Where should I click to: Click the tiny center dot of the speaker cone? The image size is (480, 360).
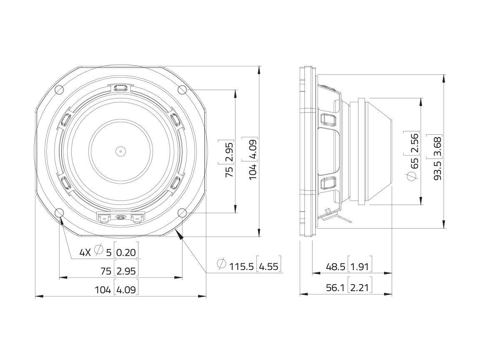pyautogui.click(x=120, y=151)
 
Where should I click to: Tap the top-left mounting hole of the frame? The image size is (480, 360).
pyautogui.click(x=59, y=90)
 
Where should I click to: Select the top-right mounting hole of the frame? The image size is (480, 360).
pyautogui.click(x=182, y=90)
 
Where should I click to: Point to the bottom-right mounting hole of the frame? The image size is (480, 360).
pyautogui.click(x=182, y=213)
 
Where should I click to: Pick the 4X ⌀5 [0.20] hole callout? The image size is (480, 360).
pyautogui.click(x=109, y=252)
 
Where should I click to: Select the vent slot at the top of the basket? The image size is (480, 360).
pyautogui.click(x=120, y=88)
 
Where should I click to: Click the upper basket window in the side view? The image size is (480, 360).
pyautogui.click(x=327, y=120)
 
